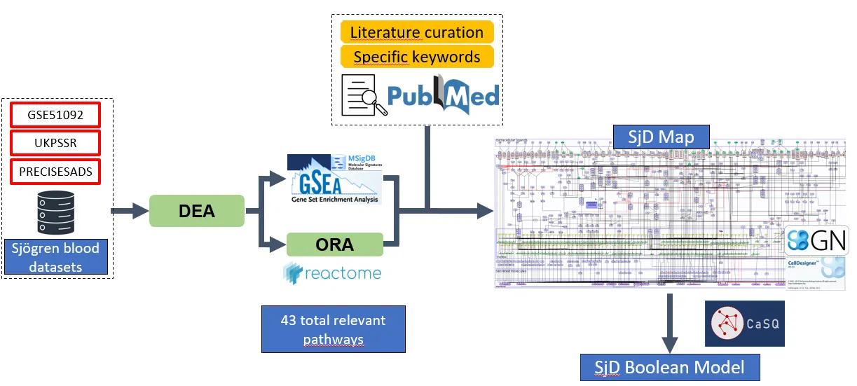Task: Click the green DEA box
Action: [196, 211]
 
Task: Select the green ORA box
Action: [335, 245]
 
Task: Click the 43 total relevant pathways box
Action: [334, 329]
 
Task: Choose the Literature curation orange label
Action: [417, 32]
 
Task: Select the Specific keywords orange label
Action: [417, 57]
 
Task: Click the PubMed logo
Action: [443, 95]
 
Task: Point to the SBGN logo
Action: [816, 240]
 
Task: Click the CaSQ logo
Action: [744, 323]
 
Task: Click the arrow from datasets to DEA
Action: [130, 211]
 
